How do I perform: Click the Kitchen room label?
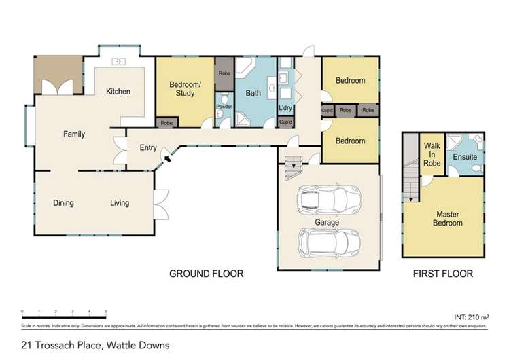pyautogui.click(x=118, y=92)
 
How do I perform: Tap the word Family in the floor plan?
pyautogui.click(x=74, y=134)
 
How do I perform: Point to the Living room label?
pyautogui.click(x=120, y=203)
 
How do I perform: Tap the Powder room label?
pyautogui.click(x=224, y=107)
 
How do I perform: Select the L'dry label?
pyautogui.click(x=286, y=107)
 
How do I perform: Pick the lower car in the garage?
pyautogui.click(x=331, y=241)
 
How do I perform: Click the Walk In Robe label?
pyautogui.click(x=432, y=154)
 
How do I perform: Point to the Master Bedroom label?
pyautogui.click(x=449, y=219)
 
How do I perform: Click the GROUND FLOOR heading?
pyautogui.click(x=206, y=274)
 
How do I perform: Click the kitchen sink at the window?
pyautogui.click(x=120, y=62)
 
